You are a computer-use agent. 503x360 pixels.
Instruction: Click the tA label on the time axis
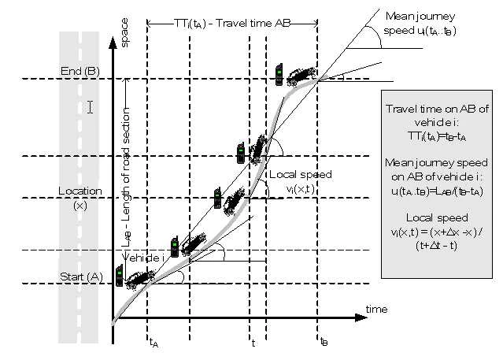tap(153, 343)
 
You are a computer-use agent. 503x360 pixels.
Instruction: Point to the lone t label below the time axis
tap(253, 343)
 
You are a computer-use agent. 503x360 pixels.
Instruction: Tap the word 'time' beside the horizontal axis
tap(376, 309)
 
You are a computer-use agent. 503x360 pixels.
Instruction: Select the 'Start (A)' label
tap(80, 276)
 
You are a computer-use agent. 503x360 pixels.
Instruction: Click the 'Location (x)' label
tap(80, 197)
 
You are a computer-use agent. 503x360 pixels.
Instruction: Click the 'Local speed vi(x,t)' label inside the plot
tap(301, 181)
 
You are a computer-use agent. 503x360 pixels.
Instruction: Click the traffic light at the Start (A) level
tap(120, 276)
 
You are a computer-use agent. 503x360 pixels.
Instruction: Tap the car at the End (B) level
tap(299, 75)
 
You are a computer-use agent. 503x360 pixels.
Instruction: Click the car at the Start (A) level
tap(139, 277)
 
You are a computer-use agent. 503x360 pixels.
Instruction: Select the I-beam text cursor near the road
tap(90, 106)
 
